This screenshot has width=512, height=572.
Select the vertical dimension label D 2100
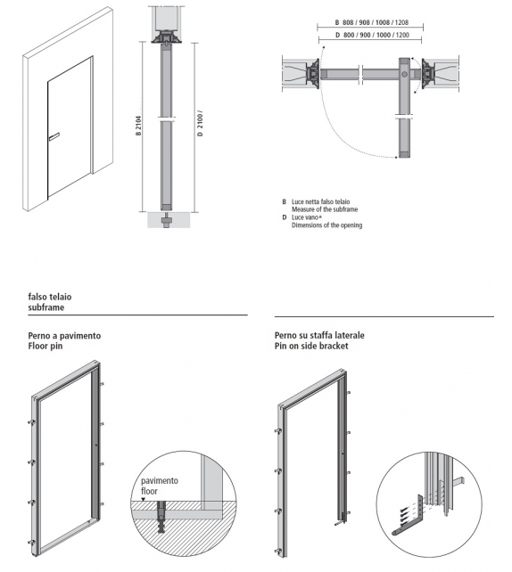point(200,124)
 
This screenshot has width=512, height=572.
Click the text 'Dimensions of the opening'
point(326,225)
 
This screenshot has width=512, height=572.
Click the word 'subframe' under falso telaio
point(46,308)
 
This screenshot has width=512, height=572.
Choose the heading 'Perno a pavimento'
point(64,336)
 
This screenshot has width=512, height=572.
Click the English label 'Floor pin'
point(47,346)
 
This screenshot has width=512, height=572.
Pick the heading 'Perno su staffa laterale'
point(320,336)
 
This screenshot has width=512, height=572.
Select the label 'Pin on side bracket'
point(311,346)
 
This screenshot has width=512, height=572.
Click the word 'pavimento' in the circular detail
point(160,480)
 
